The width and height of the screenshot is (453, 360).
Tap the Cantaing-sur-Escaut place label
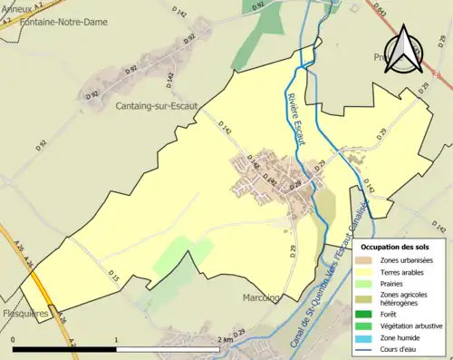(159, 106)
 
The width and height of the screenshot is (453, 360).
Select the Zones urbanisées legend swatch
(367, 260)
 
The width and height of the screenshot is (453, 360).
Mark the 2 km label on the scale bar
(227, 339)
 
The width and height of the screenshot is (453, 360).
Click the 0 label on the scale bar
(14, 339)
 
